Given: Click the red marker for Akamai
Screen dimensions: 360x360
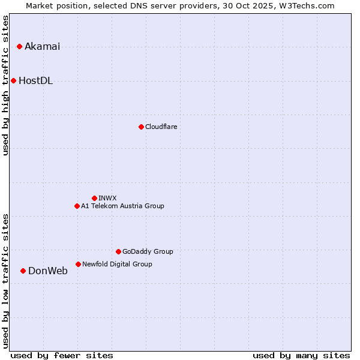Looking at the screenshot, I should point(19,46).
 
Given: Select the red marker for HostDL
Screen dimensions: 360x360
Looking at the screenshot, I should point(13,80).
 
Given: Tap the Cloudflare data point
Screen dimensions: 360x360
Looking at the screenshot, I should point(141,127).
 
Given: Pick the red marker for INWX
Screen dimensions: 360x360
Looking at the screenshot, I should point(94,198).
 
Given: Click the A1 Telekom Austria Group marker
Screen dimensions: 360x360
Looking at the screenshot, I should point(77,206).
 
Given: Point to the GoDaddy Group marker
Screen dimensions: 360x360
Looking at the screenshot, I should point(118,251).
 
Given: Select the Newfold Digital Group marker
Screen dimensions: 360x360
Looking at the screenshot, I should point(78,264).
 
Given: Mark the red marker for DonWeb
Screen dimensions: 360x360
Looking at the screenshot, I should point(23,271).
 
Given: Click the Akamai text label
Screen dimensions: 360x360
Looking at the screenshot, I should point(42,47).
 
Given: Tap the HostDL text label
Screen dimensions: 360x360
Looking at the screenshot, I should point(35,81).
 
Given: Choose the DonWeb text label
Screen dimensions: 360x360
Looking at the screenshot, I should point(48,271).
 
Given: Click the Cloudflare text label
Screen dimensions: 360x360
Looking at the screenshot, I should point(161,127).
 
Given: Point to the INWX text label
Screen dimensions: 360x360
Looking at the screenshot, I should point(107,198).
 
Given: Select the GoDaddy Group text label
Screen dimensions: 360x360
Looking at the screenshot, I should point(148,252).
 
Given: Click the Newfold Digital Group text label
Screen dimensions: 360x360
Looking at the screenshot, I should point(117,264).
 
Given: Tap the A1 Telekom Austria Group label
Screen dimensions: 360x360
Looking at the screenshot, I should point(122,206).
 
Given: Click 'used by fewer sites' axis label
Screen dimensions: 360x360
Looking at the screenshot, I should point(62,355).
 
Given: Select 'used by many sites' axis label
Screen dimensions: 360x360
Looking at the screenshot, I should point(301,355).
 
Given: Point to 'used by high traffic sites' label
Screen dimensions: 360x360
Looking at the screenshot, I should point(6,85).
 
